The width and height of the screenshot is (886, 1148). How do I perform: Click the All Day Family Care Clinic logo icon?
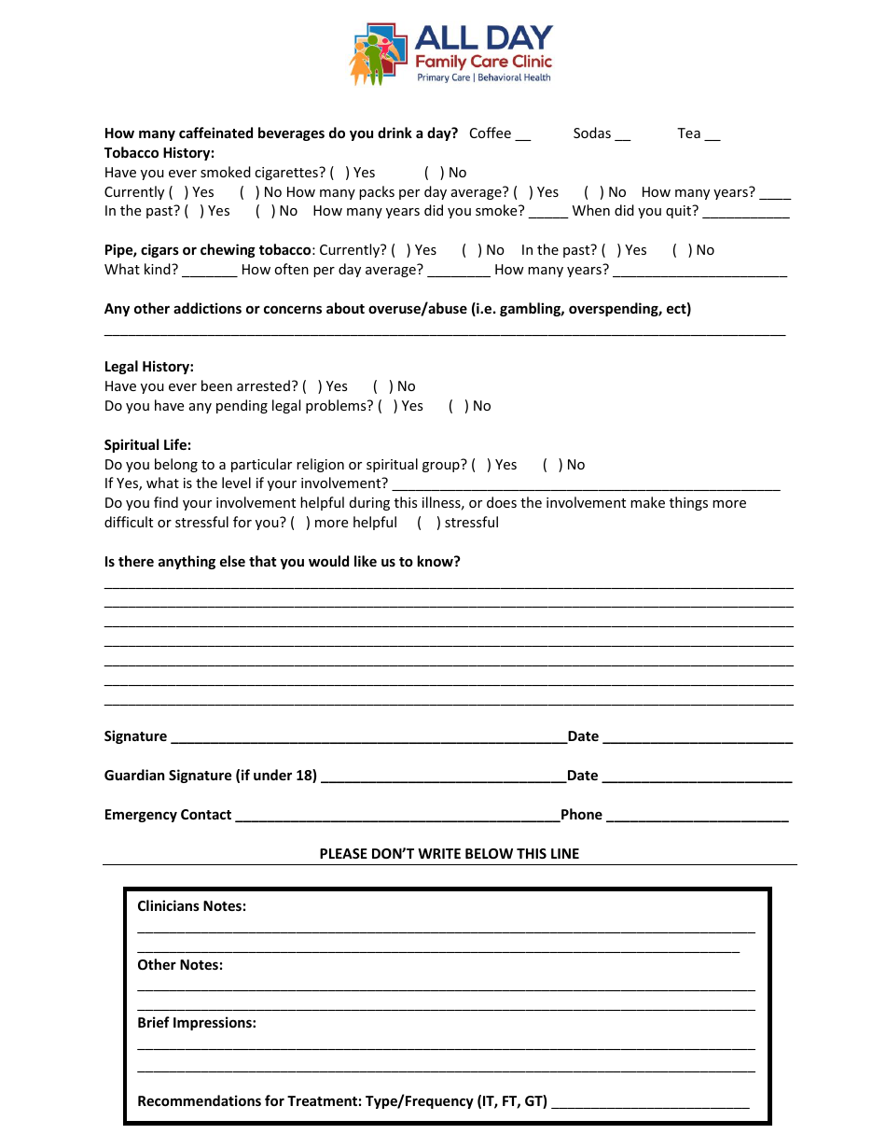tap(379, 54)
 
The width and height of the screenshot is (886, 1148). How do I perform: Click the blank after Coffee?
tap(522, 134)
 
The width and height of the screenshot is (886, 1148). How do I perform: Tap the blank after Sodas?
tap(623, 134)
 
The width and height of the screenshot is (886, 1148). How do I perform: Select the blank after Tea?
tap(712, 134)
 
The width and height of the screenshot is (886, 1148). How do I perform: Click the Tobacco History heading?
tap(159, 153)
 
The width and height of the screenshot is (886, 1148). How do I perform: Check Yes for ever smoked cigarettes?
tap(339, 173)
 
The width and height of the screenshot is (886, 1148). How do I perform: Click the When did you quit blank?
tap(745, 212)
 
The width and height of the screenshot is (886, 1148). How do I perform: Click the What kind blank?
tap(209, 271)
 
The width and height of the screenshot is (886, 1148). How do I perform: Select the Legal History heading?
tap(149, 367)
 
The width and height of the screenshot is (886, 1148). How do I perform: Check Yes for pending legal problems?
tap(387, 406)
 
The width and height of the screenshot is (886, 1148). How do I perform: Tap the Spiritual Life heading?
tap(147, 445)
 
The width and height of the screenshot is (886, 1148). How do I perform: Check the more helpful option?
tap(299, 523)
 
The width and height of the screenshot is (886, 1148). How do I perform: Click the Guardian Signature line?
tap(442, 777)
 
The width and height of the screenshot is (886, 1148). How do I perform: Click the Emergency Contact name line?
tap(396, 816)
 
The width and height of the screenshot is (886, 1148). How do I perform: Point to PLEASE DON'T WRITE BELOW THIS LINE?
tap(449, 853)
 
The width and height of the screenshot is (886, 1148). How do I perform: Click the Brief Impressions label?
tap(197, 1023)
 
